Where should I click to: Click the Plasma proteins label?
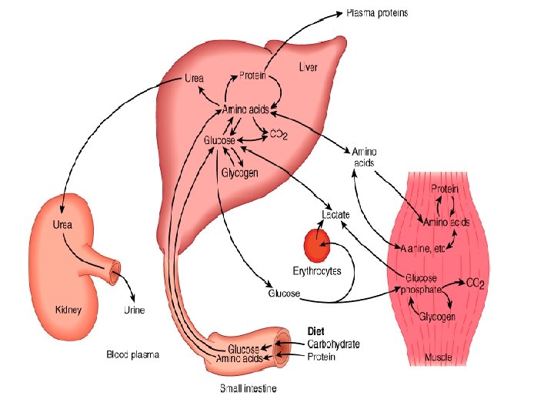point(377,13)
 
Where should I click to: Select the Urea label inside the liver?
point(195,79)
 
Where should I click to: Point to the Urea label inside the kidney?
point(62,225)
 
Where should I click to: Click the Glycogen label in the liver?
point(239,173)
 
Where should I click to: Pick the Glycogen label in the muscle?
point(436,317)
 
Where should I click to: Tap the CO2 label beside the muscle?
point(476,283)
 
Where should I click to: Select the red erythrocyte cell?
point(316,247)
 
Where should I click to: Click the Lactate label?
point(335,214)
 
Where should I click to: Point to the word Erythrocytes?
point(317,271)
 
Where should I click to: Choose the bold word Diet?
point(316,332)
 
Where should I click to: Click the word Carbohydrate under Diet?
point(333,344)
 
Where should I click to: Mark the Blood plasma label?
point(132,355)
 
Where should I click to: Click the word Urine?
point(134,310)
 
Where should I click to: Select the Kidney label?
point(68,310)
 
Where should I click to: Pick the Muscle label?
point(438,357)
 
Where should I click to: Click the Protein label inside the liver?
point(252,75)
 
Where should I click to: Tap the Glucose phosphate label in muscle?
point(422,283)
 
